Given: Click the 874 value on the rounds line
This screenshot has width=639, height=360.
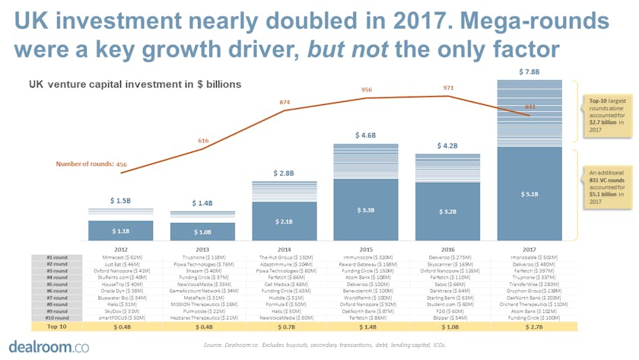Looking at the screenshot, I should (x=285, y=102).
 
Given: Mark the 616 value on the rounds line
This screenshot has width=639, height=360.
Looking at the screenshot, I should (x=203, y=141).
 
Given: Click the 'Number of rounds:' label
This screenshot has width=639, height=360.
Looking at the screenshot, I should (x=84, y=164).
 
